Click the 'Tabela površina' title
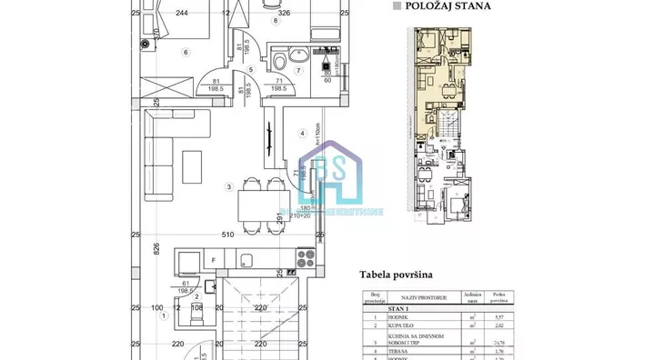396,274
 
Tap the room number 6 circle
186,52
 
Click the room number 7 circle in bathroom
297,70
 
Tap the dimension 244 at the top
182,13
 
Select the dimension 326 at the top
283,13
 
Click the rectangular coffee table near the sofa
193,165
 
